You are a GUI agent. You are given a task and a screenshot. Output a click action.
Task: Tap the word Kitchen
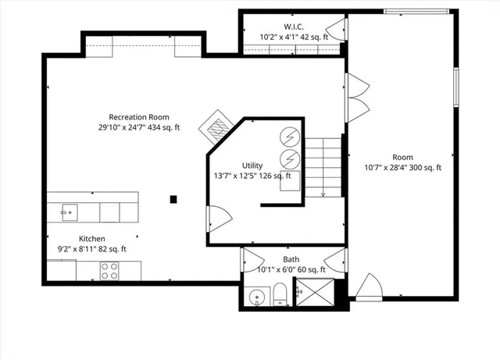(91, 238)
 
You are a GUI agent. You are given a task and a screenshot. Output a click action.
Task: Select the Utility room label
(252, 166)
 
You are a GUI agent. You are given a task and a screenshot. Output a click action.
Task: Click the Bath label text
(291, 259)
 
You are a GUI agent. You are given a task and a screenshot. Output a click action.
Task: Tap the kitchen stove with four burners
(109, 270)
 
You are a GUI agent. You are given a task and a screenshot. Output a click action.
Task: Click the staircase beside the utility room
(323, 166)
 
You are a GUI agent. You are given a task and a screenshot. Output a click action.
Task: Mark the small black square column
(174, 199)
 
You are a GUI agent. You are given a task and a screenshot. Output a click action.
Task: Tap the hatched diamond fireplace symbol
(216, 125)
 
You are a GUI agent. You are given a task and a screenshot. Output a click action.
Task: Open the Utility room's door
(217, 218)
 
